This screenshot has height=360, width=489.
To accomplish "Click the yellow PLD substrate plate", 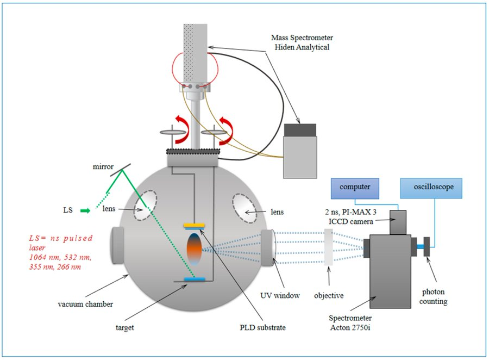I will click(195, 225).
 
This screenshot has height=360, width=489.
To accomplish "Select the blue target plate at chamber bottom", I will click(195, 280).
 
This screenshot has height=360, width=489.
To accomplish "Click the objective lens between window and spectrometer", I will click(328, 248).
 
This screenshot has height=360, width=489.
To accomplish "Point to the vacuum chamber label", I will click(87, 305).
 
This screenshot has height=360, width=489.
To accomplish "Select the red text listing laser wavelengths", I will click(60, 252).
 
